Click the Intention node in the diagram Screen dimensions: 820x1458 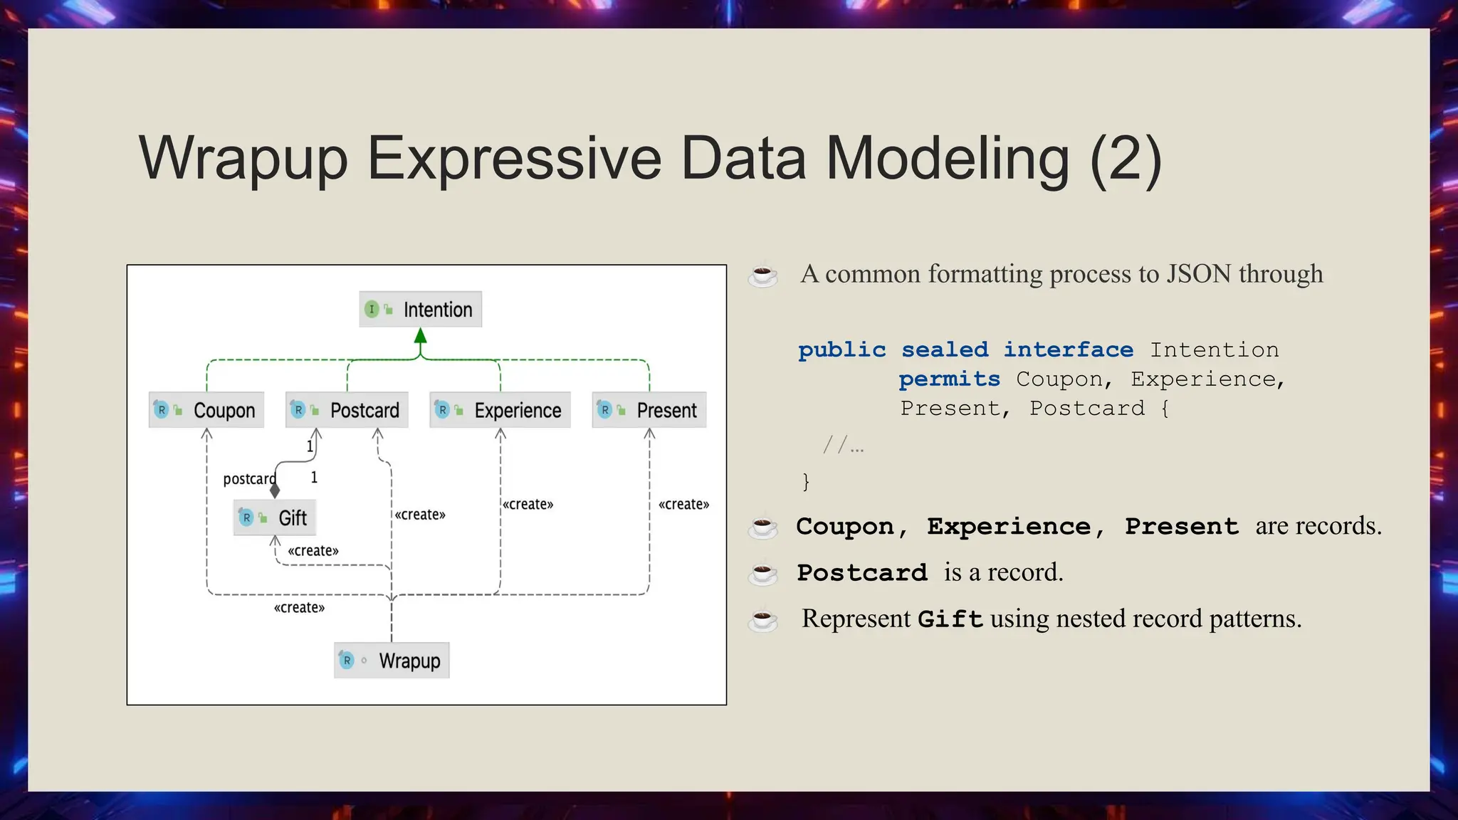click(421, 310)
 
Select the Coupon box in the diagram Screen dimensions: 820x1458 click(206, 410)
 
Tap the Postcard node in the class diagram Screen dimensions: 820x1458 click(347, 410)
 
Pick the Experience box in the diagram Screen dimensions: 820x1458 click(500, 410)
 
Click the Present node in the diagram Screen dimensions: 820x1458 click(649, 410)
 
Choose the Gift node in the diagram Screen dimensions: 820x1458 click(275, 517)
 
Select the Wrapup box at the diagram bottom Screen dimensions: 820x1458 click(392, 661)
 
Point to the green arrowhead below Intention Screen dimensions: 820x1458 click(421, 336)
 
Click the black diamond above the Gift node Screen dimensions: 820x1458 click(275, 490)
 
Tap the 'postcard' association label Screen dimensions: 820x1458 click(249, 479)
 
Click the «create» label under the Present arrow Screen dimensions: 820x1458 click(683, 505)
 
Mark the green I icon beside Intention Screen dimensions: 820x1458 click(372, 310)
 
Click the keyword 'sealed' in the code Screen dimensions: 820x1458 click(945, 350)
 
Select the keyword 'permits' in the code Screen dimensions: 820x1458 click(949, 379)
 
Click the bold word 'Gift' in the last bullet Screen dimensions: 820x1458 click(950, 619)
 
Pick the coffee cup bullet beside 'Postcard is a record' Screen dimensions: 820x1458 click(762, 573)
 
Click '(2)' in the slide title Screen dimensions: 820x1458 click(1126, 159)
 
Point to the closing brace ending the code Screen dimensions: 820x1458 click(806, 482)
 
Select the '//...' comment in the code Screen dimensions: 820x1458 click(844, 446)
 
